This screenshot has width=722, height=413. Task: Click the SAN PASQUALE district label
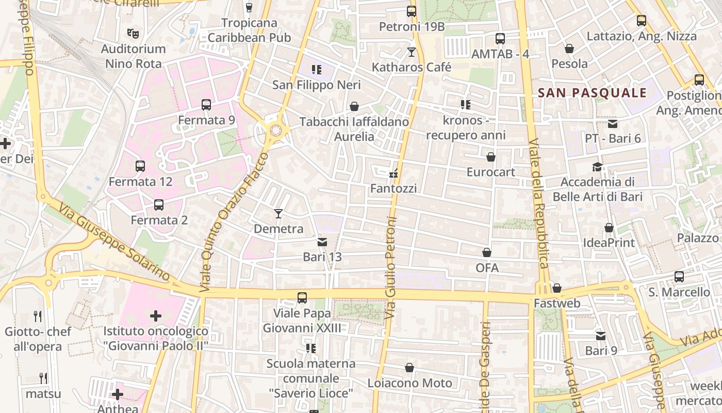click(592, 93)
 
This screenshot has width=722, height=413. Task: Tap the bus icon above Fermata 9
click(206, 105)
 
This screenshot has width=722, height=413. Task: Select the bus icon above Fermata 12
click(140, 166)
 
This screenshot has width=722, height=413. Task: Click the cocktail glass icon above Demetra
click(278, 213)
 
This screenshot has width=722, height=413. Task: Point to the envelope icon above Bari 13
click(322, 242)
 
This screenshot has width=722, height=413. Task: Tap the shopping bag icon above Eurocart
click(491, 156)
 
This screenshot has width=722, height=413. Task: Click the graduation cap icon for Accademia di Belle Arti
click(597, 167)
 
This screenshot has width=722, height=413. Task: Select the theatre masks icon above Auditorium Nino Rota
click(133, 34)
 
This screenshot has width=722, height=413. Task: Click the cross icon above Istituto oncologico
click(156, 315)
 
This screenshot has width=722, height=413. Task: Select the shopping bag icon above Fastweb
click(557, 288)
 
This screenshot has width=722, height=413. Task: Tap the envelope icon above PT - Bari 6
click(613, 123)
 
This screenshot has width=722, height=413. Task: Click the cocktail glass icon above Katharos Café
click(412, 52)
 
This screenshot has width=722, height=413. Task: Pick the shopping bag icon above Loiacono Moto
click(409, 368)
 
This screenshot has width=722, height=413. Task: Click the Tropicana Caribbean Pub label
click(250, 30)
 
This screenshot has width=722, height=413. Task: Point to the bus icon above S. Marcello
click(679, 277)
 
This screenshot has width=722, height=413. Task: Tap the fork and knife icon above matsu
click(43, 378)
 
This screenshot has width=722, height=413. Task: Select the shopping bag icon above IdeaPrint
click(609, 227)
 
